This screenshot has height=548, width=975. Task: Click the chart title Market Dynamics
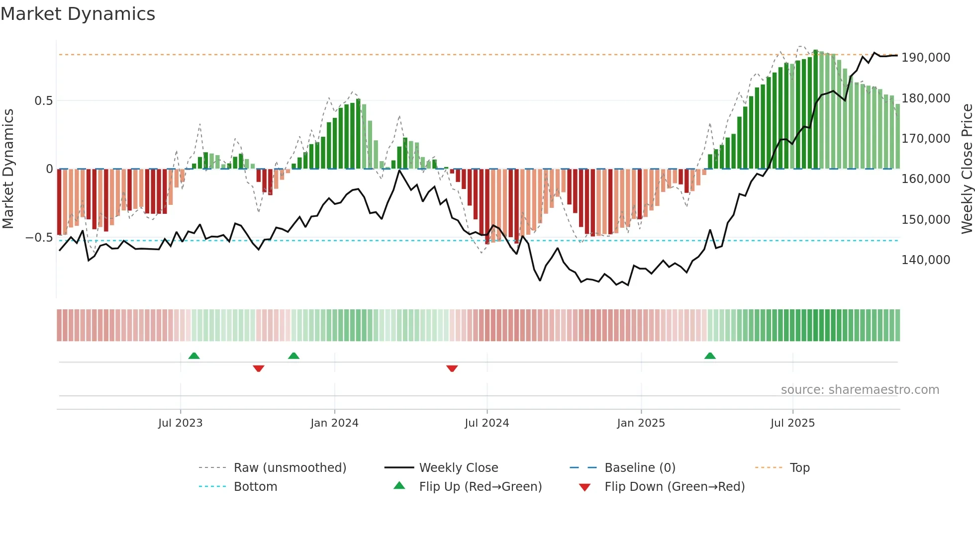78,14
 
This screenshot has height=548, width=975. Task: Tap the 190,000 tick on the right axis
925,58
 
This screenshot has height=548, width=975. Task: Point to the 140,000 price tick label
925,260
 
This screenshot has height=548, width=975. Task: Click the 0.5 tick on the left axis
43,101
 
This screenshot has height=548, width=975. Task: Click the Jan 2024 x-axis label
334,423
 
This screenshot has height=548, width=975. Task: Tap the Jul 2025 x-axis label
792,423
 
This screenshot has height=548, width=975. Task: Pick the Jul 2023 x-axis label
180,423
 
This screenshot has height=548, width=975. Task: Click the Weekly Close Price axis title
967,169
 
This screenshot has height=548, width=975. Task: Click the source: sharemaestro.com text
860,390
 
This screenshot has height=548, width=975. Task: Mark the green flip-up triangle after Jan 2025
710,356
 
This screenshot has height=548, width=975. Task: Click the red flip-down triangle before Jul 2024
452,368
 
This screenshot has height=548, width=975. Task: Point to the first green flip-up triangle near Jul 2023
194,356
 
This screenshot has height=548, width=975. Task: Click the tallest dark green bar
815,109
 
